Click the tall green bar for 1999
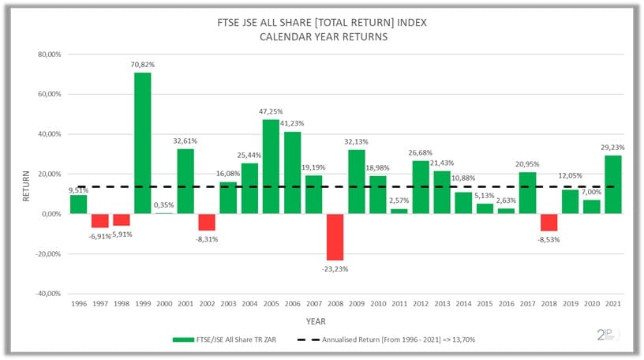tap(142, 143)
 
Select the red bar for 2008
tap(335, 237)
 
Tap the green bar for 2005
tap(271, 167)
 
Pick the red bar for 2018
tap(549, 222)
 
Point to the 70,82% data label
tap(142, 65)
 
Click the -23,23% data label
tap(335, 268)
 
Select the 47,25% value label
tap(271, 111)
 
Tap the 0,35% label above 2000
tap(164, 205)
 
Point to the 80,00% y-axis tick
tap(47, 54)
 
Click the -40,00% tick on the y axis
tap(46, 294)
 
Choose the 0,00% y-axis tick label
tap(49, 214)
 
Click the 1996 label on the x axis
tap(78, 303)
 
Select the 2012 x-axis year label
tap(421, 303)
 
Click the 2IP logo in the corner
tap(608, 335)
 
